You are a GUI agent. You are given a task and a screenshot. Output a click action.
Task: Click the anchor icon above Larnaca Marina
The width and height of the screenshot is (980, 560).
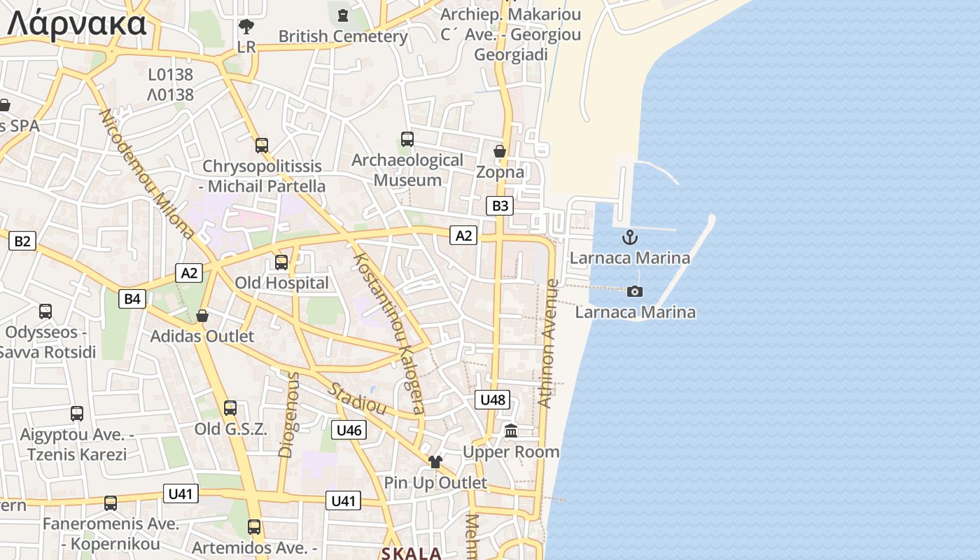630,237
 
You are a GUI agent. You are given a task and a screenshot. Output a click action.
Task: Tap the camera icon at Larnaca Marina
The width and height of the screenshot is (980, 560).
635,291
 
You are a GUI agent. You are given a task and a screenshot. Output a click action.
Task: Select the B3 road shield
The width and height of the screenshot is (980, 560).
500,206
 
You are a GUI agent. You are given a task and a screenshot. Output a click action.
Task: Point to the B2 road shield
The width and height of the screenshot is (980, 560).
22,241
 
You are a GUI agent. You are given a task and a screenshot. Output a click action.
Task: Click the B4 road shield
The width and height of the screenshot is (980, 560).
132,299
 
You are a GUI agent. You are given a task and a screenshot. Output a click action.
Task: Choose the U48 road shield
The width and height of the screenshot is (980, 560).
493,400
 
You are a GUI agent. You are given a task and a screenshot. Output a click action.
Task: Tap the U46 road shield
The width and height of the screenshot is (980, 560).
349,430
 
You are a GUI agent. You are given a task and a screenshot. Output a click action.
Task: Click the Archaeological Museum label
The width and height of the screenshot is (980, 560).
407,170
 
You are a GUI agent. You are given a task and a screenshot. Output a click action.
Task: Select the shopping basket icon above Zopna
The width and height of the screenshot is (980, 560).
500,151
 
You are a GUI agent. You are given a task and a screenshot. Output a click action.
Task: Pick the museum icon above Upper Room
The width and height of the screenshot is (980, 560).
511,431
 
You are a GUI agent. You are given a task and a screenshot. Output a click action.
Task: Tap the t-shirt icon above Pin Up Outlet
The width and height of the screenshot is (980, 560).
435,462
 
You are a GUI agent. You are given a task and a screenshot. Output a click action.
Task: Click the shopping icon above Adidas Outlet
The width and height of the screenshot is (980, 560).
202,316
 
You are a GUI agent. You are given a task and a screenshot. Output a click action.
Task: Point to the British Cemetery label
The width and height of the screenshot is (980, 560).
343,36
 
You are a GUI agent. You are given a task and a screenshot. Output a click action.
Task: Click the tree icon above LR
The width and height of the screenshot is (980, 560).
246,27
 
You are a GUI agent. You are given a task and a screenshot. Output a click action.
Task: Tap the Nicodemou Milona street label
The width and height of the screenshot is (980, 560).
146,174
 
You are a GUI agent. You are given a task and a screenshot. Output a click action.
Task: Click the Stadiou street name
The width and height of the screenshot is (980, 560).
358,398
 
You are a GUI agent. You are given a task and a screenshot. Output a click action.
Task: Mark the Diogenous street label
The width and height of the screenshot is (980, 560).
288,414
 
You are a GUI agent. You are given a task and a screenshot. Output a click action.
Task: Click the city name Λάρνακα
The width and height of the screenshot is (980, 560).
77,23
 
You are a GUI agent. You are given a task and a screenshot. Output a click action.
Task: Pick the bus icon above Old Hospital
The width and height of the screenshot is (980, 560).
281,262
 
